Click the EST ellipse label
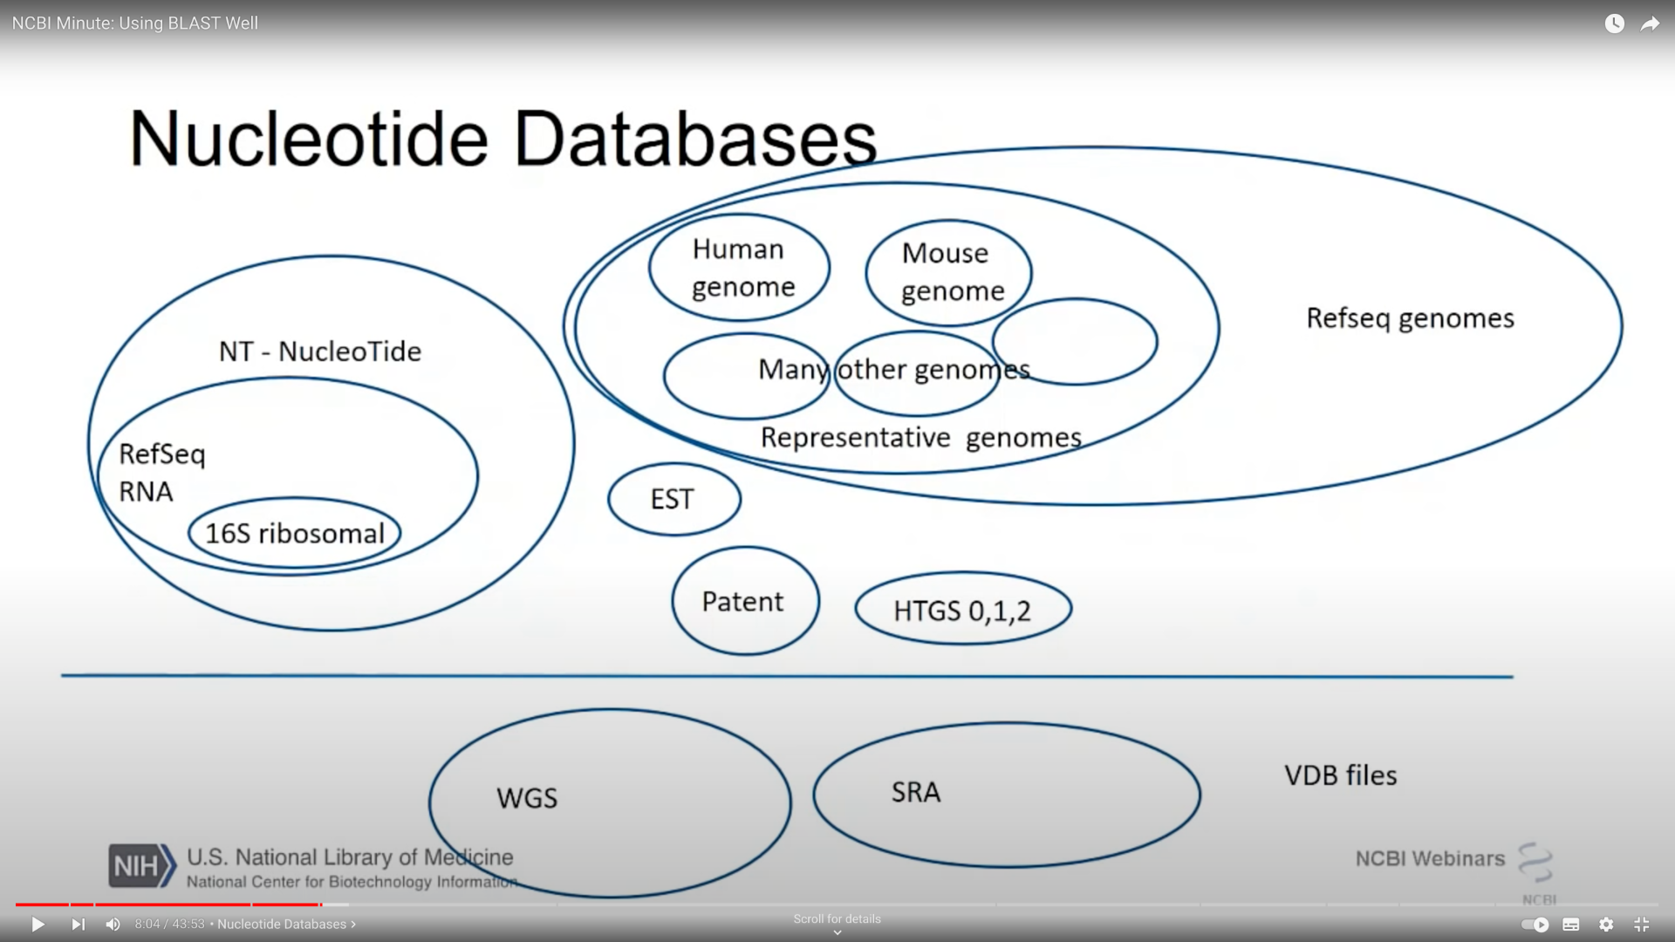672,499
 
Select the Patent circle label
742,602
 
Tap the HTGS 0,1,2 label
962,611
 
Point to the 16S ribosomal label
295,533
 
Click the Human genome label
742,268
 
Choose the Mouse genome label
953,271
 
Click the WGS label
527,798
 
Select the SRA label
916,792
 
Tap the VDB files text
1341,775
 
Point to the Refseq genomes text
1410,318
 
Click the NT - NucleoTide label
320,352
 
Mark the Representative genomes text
921,437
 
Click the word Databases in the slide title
695,139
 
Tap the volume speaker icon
113,925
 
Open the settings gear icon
1606,925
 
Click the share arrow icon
1650,24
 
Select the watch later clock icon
1615,24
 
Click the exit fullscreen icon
1641,925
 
